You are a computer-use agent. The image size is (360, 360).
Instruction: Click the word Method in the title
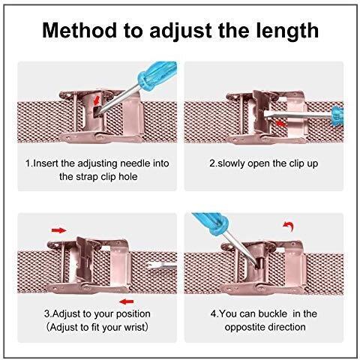[x=79, y=30]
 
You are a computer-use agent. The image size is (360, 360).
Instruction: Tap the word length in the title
[x=286, y=31]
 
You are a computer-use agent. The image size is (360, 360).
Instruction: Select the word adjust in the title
[x=181, y=31]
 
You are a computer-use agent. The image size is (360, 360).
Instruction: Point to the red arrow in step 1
[x=97, y=100]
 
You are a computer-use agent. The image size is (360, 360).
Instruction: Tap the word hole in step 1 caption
[x=128, y=177]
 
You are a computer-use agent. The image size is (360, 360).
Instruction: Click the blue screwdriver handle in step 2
[x=337, y=116]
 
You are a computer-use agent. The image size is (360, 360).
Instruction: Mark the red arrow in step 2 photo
[x=280, y=123]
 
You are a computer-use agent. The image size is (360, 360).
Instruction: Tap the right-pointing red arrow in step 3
[x=59, y=230]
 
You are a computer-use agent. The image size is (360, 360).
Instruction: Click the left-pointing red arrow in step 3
[x=126, y=301]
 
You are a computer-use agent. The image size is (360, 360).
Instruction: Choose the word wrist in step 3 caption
[x=133, y=327]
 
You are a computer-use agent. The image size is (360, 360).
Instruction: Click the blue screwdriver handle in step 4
[x=211, y=223]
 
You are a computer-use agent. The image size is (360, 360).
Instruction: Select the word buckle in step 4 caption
[x=272, y=313]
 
